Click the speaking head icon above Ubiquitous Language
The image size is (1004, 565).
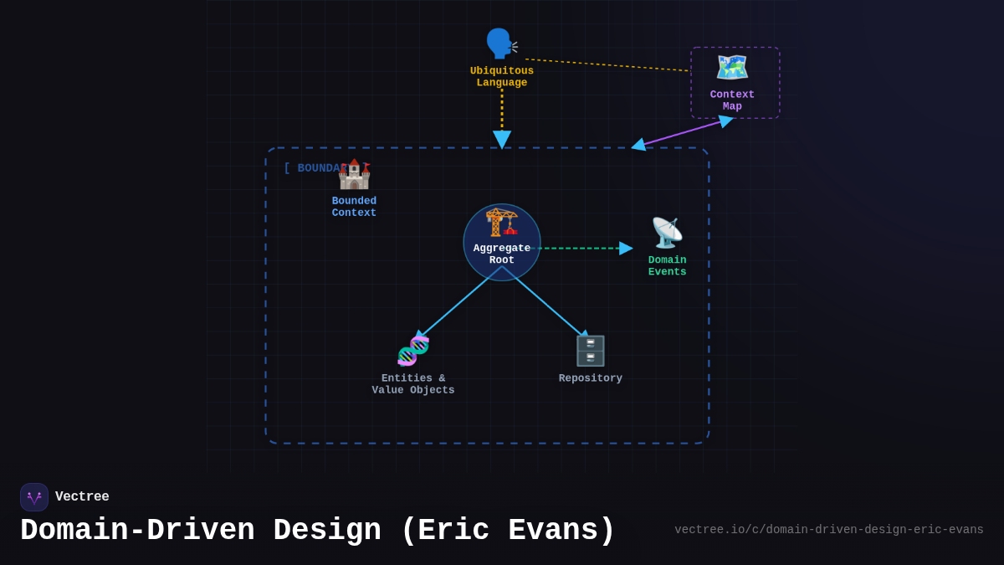(x=500, y=44)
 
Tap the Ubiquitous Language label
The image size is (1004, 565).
(x=502, y=77)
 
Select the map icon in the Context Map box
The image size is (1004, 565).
(x=732, y=68)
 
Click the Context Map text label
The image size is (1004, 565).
(x=732, y=100)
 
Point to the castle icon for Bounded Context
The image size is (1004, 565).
(x=354, y=174)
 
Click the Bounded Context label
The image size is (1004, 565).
(x=354, y=207)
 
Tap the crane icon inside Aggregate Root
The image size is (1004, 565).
(x=502, y=223)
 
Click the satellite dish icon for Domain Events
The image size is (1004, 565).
(x=667, y=233)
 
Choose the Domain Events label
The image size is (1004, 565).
(x=667, y=266)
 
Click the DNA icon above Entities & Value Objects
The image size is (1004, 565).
(x=413, y=351)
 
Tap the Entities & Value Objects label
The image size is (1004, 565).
(x=413, y=384)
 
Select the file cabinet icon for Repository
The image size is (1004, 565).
(x=590, y=351)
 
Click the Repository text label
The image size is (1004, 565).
(x=590, y=378)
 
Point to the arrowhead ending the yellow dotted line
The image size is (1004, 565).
(x=502, y=139)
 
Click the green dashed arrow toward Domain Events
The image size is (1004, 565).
(x=586, y=248)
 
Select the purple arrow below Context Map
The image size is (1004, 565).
(x=682, y=132)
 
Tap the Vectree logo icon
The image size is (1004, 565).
(x=34, y=497)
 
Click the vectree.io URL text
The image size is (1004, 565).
(x=828, y=530)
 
